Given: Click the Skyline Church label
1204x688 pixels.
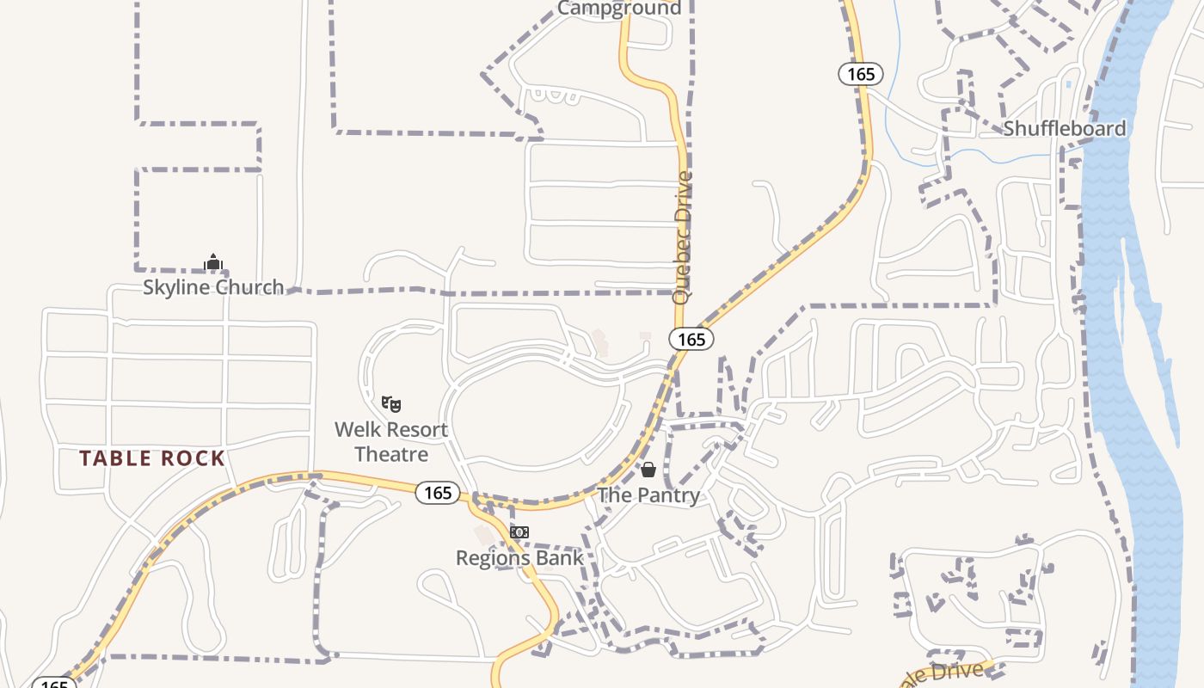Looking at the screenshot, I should (212, 287).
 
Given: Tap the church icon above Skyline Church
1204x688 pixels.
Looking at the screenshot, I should (212, 262).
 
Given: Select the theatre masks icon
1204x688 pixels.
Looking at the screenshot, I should (391, 402).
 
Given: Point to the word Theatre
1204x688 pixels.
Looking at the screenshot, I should (391, 453).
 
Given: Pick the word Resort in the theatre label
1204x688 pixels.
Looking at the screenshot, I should (416, 429).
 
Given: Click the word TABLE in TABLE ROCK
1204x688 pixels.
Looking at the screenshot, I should (114, 458).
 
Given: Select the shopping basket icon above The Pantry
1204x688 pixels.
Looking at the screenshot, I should (648, 470).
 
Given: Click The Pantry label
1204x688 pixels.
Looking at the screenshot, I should (648, 494).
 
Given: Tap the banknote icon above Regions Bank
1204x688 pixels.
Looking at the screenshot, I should (519, 532).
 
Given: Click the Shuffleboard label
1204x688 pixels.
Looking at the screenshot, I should (1064, 129).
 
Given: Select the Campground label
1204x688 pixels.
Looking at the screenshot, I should (619, 9).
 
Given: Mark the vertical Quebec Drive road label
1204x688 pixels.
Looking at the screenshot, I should (683, 237).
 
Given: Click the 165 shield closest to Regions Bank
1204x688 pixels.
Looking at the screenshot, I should (438, 493).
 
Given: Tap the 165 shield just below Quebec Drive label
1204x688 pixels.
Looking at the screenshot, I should (691, 339).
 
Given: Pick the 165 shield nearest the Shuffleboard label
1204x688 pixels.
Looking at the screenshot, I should (861, 74).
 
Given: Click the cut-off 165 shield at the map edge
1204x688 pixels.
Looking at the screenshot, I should (53, 683).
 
